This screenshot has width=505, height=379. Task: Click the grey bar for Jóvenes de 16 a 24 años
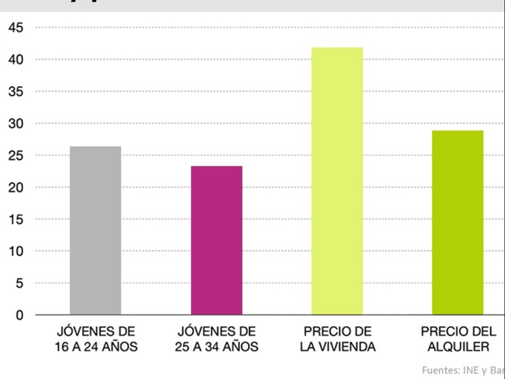(x=95, y=230)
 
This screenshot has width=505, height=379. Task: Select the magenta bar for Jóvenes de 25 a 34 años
(x=216, y=240)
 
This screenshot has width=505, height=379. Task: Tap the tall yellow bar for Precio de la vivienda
(x=337, y=181)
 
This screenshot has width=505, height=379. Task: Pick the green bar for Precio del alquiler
(x=458, y=223)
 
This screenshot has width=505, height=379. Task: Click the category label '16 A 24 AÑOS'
(x=96, y=347)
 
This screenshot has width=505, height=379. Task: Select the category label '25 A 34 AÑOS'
(x=216, y=347)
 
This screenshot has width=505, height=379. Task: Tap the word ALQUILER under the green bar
(x=458, y=347)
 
